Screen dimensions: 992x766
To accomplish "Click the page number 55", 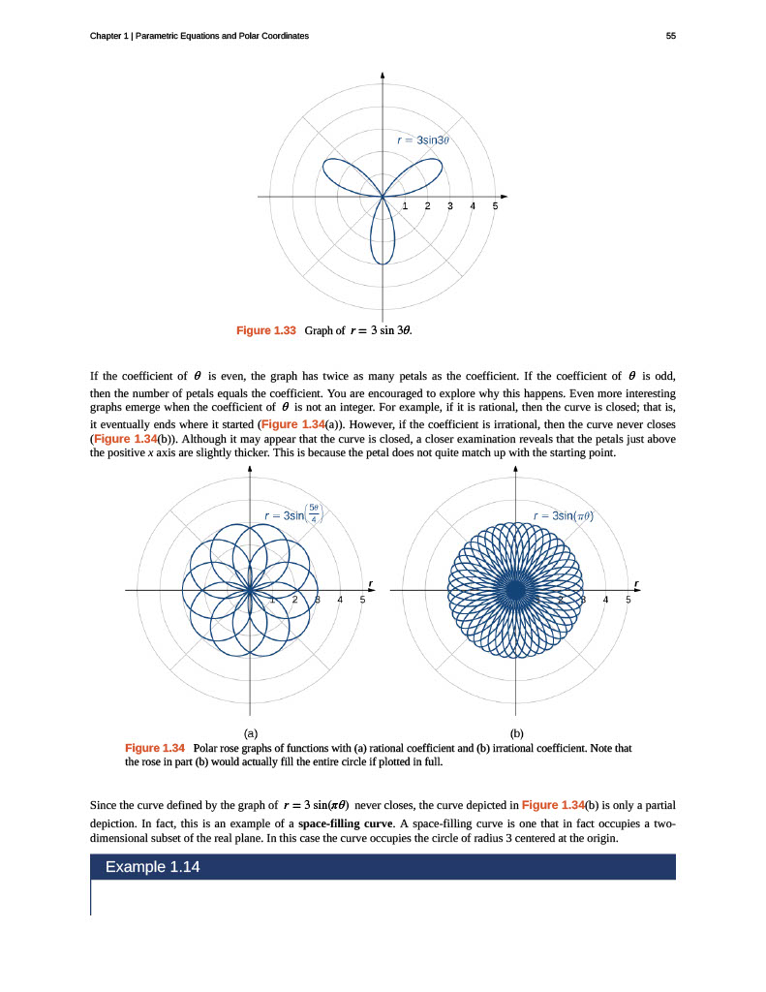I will coord(670,36).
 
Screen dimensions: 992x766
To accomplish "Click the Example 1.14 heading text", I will coord(152,866).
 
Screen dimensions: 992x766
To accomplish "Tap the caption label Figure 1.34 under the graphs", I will coord(155,748).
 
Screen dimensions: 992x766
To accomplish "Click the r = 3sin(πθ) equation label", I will coord(563,515).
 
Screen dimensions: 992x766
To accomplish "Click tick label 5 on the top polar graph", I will coord(495,206).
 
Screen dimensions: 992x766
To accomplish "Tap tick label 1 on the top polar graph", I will coord(405,206).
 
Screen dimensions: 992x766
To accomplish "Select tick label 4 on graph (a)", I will coord(340,600).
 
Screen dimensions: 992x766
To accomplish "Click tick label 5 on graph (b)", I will coord(628,600).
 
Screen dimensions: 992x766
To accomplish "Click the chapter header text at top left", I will coord(199,36).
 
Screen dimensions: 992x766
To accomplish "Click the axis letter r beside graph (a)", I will coord(371,582).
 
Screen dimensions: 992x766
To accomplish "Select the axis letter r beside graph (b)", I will coord(636,582).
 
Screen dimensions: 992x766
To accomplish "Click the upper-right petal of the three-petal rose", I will coord(420,175).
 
